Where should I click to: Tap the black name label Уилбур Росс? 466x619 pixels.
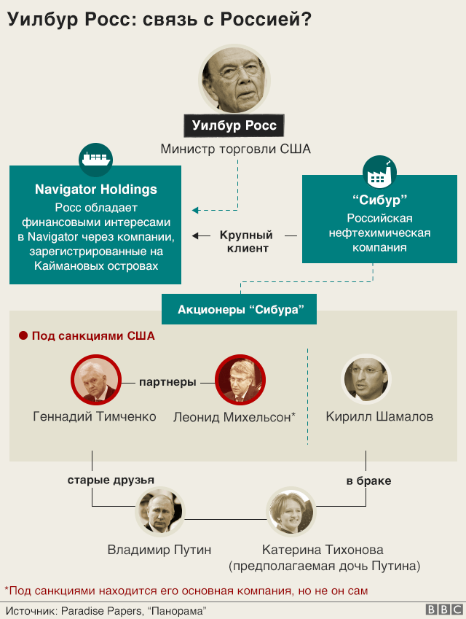pyautogui.click(x=234, y=125)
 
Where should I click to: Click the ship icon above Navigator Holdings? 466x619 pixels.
pyautogui.click(x=95, y=157)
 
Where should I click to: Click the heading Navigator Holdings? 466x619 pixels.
pyautogui.click(x=96, y=190)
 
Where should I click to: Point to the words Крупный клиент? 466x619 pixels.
pyautogui.click(x=246, y=241)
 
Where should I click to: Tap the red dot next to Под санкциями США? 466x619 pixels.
pyautogui.click(x=23, y=336)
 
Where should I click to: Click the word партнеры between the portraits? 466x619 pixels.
pyautogui.click(x=168, y=381)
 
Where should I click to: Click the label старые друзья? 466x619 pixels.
pyautogui.click(x=111, y=480)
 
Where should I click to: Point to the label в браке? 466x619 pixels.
pyautogui.click(x=368, y=480)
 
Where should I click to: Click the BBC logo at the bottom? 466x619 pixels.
pyautogui.click(x=443, y=610)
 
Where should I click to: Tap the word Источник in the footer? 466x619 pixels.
pyautogui.click(x=31, y=610)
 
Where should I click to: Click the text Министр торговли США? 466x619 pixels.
pyautogui.click(x=235, y=149)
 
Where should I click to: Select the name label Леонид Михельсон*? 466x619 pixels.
pyautogui.click(x=234, y=417)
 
